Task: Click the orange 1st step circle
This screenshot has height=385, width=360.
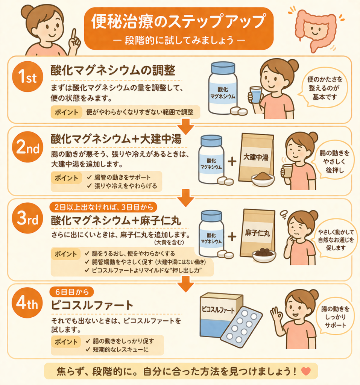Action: tap(27, 76)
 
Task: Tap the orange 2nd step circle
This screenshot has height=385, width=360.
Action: tap(27, 147)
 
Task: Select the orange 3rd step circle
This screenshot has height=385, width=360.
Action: tap(27, 218)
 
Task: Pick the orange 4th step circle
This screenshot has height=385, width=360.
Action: tap(27, 303)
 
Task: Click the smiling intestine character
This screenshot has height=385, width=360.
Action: tap(316, 29)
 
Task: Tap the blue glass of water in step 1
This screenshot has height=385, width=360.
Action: tap(256, 95)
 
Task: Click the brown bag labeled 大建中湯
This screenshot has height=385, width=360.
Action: tap(256, 157)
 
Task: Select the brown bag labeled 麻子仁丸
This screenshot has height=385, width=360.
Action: tap(258, 232)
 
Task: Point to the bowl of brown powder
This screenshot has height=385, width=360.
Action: tap(263, 179)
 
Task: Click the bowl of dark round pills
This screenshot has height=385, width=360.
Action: tap(264, 255)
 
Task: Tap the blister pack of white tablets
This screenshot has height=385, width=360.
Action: tap(242, 324)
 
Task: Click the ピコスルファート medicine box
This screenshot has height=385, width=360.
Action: tap(219, 317)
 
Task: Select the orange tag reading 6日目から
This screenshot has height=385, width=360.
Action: tap(72, 292)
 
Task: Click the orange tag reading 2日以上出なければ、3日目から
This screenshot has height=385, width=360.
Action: tap(103, 208)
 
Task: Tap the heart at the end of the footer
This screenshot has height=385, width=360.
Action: tap(306, 371)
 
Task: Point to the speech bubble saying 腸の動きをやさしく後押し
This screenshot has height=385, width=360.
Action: tap(334, 162)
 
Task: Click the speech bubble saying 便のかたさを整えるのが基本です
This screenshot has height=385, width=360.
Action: tap(324, 88)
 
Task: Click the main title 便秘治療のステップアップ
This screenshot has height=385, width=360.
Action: tap(179, 21)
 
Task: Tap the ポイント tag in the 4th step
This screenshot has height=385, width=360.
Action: tap(66, 341)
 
